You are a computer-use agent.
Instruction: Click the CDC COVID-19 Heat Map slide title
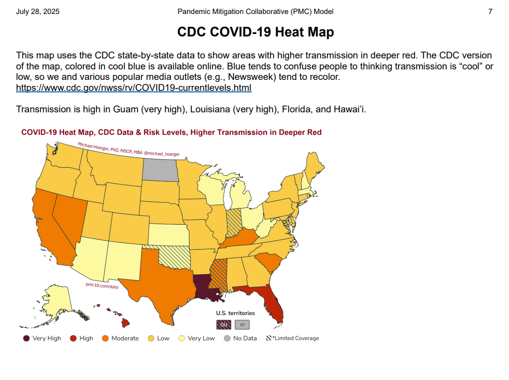point(255,32)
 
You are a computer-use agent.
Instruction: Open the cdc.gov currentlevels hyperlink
point(133,88)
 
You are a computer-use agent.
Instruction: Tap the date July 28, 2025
point(37,11)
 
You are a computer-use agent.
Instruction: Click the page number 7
point(490,11)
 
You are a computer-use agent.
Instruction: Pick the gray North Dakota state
point(160,170)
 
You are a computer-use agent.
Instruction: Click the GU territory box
point(223,325)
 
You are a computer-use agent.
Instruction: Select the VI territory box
point(242,325)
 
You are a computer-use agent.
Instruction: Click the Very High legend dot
point(26,338)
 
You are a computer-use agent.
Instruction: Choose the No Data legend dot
point(227,338)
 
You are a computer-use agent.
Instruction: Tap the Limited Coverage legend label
point(295,338)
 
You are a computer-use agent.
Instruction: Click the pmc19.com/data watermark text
point(102,286)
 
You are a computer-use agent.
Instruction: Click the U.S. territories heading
point(235,313)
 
